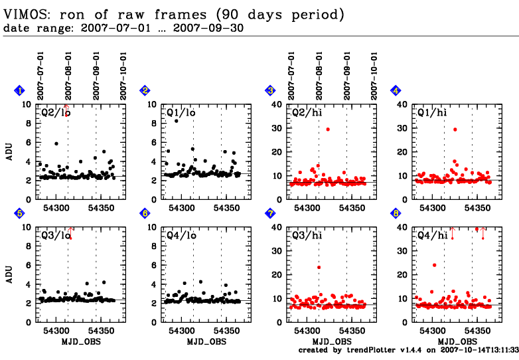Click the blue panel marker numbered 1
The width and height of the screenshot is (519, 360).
click(21, 91)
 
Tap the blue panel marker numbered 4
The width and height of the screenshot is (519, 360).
click(396, 91)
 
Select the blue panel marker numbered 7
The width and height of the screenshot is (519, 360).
click(270, 213)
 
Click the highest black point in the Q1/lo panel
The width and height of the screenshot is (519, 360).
click(176, 121)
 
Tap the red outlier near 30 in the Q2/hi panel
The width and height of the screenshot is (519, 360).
click(327, 130)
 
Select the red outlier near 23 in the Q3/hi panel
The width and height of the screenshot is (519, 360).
click(319, 267)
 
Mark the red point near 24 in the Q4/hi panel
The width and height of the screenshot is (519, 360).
click(434, 265)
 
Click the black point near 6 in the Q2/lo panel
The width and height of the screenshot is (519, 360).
click(56, 143)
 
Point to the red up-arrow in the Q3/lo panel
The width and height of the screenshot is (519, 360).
click(70, 232)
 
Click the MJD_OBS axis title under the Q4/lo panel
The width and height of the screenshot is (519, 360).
click(206, 341)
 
